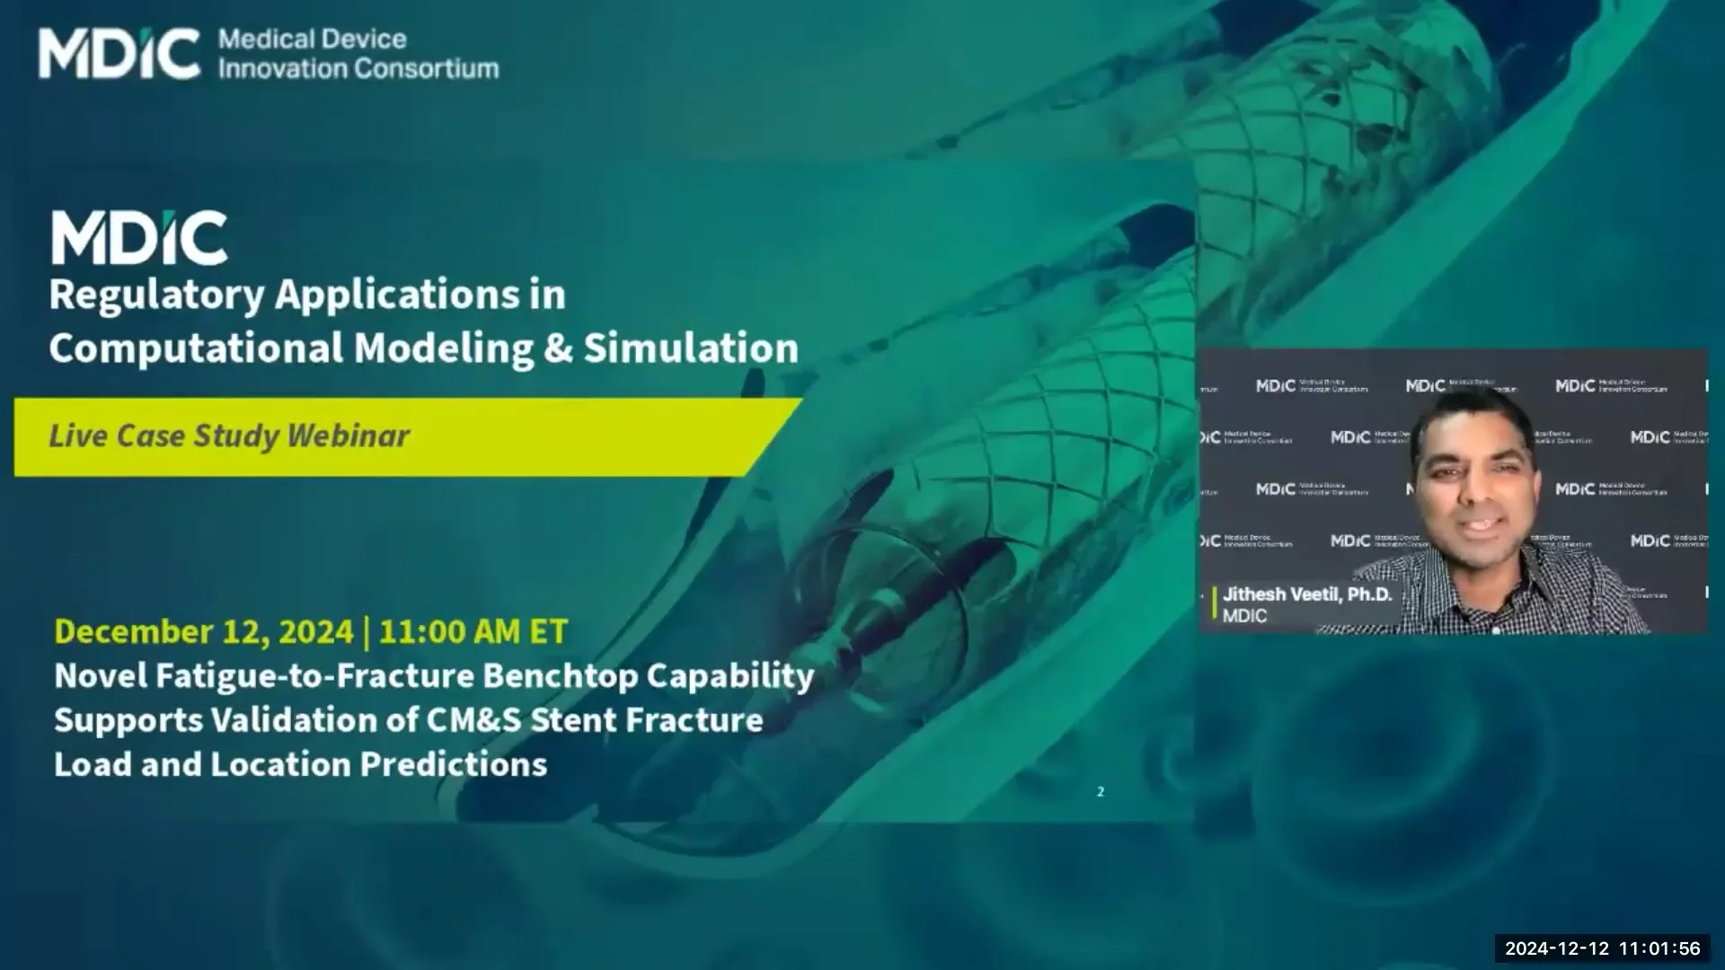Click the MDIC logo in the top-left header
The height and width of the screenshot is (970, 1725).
pos(119,54)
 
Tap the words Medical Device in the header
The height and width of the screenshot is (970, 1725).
pos(312,40)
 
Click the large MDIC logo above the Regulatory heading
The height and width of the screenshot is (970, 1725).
pos(139,238)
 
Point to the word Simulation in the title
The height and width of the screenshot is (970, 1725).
pos(691,348)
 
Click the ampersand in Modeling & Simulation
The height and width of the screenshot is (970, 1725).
pos(557,348)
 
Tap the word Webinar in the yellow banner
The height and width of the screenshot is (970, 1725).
pos(349,436)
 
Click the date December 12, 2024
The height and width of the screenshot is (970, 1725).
pos(204,631)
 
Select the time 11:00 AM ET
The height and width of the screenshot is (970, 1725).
pos(473,631)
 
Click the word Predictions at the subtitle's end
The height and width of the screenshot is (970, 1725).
pos(453,764)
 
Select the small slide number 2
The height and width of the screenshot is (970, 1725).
pos(1100,791)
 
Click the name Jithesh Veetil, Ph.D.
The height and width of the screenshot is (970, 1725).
pos(1306,595)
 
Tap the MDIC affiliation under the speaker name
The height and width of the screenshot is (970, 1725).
pos(1244,616)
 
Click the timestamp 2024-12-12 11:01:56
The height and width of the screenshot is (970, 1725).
pos(1602,948)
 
